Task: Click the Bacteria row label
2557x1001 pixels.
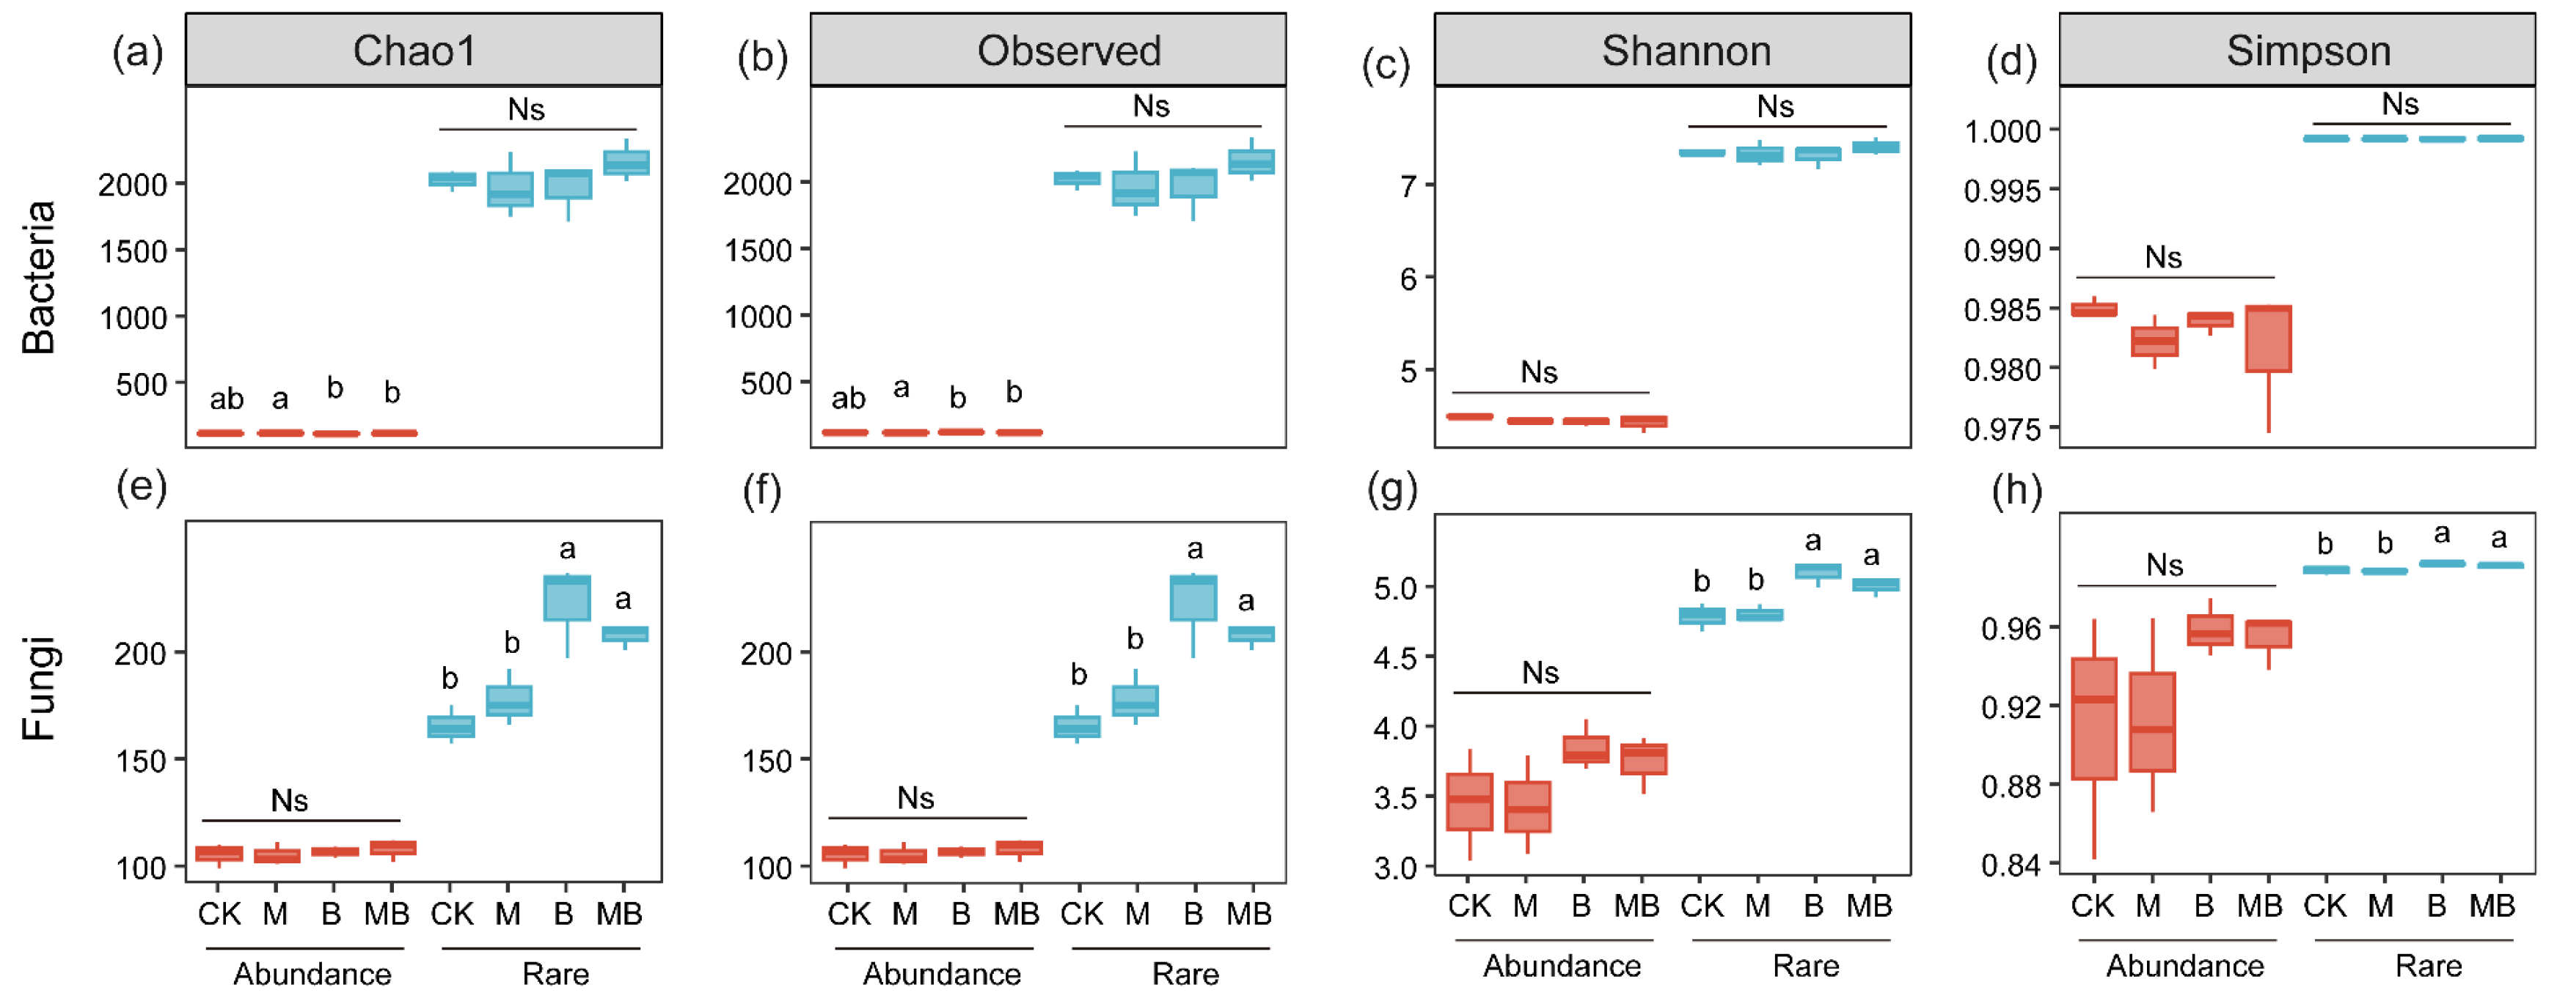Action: tap(39, 277)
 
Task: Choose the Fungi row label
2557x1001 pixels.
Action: tap(39, 687)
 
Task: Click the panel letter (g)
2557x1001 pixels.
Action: tap(1391, 489)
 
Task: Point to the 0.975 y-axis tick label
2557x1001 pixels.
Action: tap(2003, 429)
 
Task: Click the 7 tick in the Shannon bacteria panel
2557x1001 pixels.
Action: tap(1408, 185)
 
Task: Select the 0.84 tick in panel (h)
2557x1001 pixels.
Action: tap(2010, 865)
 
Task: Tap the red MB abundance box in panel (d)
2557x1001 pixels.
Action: tap(2268, 339)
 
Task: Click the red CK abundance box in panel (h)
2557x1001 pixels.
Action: tap(2093, 718)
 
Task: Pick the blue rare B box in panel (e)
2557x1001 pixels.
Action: tap(567, 598)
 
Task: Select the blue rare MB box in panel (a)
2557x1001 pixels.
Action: tap(627, 163)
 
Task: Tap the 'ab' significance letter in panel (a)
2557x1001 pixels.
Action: tap(227, 399)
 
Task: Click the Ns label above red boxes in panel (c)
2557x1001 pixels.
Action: tap(1539, 373)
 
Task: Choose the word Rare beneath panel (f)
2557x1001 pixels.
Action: tap(1185, 974)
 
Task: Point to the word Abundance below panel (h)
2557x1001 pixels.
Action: tap(2185, 967)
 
